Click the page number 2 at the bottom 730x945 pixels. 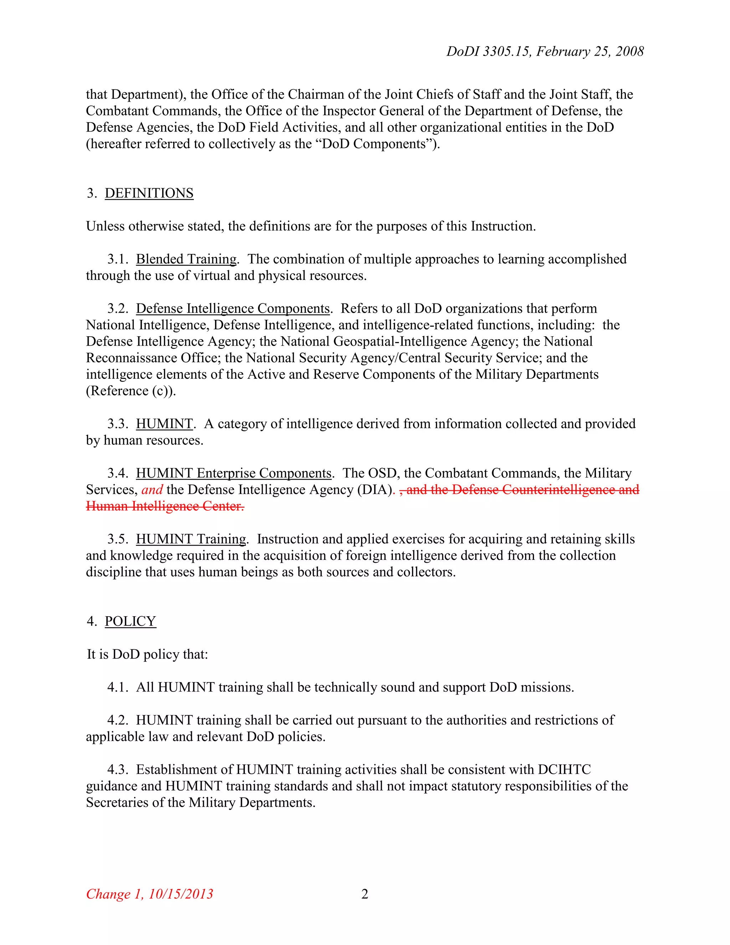click(x=365, y=894)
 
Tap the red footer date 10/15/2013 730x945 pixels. click(x=180, y=894)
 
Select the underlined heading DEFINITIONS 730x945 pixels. click(x=149, y=193)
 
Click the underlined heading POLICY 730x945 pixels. click(x=130, y=621)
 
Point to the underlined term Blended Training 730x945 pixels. click(x=186, y=259)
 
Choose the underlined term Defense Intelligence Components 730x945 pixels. click(x=233, y=308)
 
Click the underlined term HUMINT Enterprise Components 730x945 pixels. click(x=233, y=473)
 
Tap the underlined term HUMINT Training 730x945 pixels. click(x=191, y=539)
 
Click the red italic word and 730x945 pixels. click(x=152, y=489)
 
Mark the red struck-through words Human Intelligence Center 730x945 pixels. click(x=165, y=506)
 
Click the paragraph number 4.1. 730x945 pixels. click(x=118, y=687)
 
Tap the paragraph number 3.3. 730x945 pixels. click(x=118, y=424)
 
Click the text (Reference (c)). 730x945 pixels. click(x=130, y=391)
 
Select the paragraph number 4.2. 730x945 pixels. click(x=118, y=720)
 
